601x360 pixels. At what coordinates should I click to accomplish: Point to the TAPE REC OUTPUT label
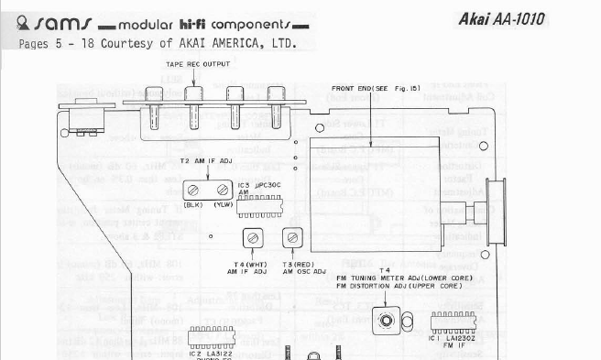coord(197,64)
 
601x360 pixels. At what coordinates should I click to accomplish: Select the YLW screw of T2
coord(220,190)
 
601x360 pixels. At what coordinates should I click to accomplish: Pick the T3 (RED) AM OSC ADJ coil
coord(291,238)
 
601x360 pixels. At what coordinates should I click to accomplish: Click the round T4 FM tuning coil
coord(388,320)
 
